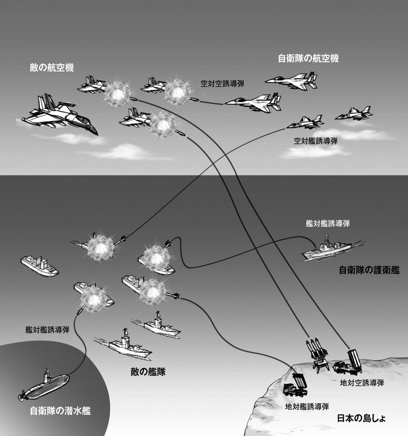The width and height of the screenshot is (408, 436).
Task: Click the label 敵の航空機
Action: point(51,68)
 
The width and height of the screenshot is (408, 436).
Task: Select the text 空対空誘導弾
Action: point(222,84)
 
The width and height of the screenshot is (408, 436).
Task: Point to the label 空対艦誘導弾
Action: point(316,141)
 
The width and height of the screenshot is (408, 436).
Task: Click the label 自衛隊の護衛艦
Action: point(369,270)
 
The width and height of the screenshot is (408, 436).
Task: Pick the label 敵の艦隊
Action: point(148,372)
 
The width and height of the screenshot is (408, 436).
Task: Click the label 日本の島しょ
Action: point(361,418)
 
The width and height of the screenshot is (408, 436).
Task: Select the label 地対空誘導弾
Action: point(362,383)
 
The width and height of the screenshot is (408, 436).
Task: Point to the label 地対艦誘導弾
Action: point(307,407)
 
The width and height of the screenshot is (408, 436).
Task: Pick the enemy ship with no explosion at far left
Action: point(39,266)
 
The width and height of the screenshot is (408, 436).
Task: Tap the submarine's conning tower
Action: point(47,374)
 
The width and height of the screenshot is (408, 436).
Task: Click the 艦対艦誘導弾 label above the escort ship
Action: point(328,224)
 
